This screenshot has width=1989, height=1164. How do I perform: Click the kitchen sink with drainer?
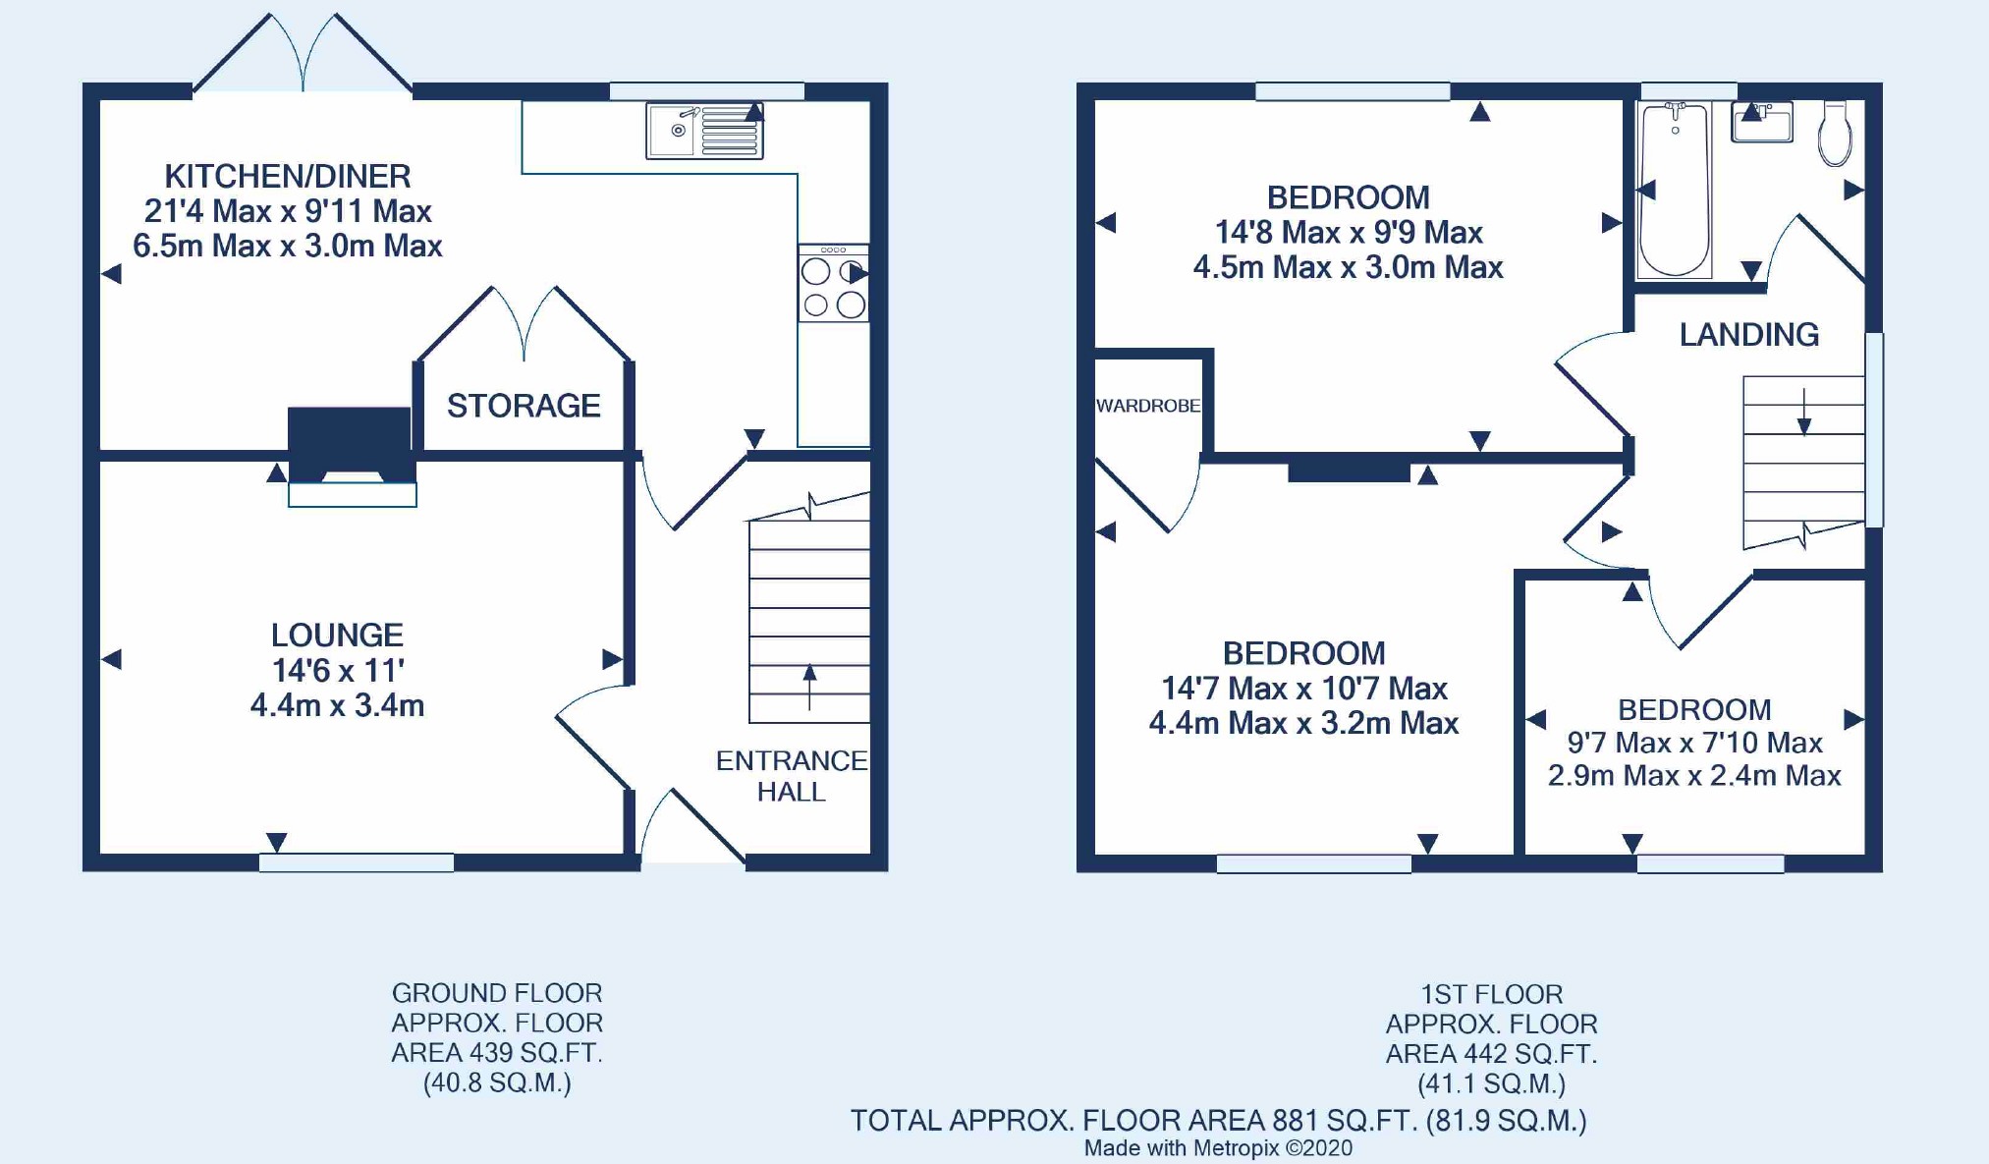click(704, 131)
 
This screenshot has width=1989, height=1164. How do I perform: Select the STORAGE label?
click(524, 406)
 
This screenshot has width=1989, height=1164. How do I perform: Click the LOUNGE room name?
click(337, 635)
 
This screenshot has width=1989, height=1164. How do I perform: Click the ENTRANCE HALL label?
click(792, 776)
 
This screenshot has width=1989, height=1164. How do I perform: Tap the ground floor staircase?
click(809, 609)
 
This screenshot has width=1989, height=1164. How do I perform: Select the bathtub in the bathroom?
click(1675, 189)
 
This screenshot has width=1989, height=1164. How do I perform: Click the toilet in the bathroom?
click(1835, 133)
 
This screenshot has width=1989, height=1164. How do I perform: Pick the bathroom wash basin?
click(1762, 122)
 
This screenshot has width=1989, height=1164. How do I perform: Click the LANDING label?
click(1748, 335)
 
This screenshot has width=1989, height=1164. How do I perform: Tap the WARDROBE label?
click(1148, 406)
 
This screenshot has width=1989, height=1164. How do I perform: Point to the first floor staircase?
click(1803, 462)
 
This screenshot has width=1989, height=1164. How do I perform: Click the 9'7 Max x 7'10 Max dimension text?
click(1694, 743)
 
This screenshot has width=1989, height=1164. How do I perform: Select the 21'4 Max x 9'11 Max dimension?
click(288, 211)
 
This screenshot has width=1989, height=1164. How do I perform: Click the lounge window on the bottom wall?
click(357, 863)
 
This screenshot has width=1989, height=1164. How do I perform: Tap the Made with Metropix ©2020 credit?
click(1218, 1148)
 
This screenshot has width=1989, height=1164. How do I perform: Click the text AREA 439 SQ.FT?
click(497, 1053)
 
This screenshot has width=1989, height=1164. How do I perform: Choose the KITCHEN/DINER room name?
click(288, 177)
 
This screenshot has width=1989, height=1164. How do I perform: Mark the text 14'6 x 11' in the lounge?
click(338, 671)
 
